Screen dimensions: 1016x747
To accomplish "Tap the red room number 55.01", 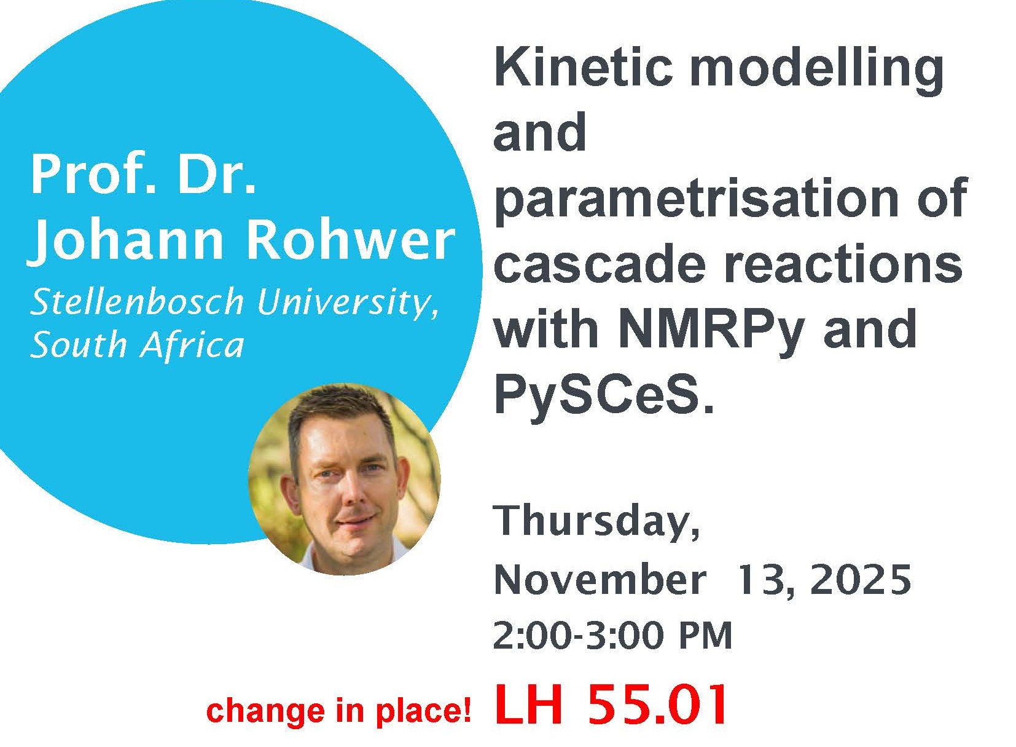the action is point(657,706).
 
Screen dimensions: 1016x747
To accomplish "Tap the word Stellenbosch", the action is point(137,302).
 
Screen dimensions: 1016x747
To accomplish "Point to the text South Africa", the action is point(137,343).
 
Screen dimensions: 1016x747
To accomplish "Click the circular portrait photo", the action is point(344,478).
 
